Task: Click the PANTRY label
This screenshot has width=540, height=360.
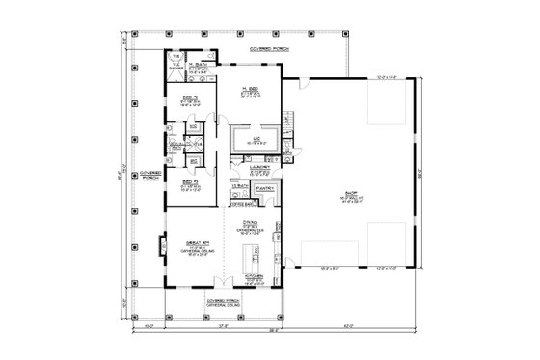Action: tap(266, 190)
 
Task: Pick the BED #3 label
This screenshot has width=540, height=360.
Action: tap(183, 180)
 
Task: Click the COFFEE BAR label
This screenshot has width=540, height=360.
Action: tap(242, 203)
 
